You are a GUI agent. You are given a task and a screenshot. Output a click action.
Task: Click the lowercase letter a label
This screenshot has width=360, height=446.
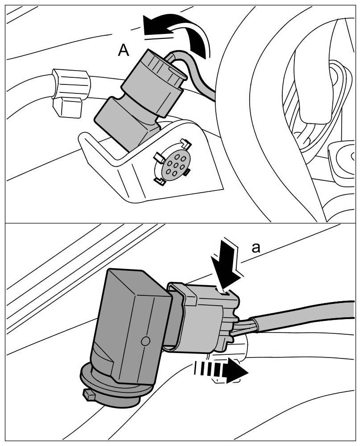pyautogui.click(x=256, y=248)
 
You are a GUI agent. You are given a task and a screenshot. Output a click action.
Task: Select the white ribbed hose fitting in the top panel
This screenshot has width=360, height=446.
pyautogui.click(x=71, y=83)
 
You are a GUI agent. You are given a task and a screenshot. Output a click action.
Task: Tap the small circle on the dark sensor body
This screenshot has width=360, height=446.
pyautogui.click(x=145, y=341)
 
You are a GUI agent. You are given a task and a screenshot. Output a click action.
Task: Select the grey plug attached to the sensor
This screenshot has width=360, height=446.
pyautogui.click(x=203, y=316)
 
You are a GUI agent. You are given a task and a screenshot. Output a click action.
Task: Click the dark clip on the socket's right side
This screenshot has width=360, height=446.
pyautogui.click(x=187, y=173)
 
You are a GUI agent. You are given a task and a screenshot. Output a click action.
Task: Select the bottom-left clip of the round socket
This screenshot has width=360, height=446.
pyautogui.click(x=159, y=181)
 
